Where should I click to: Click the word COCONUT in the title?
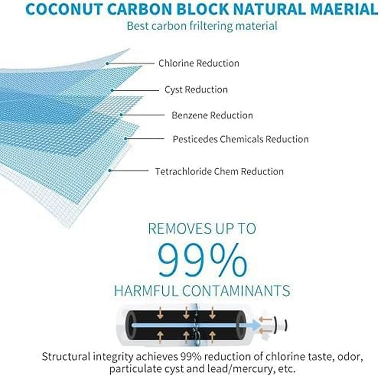(65, 9)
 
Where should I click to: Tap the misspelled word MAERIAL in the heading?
(344, 9)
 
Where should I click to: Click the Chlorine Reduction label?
(199, 63)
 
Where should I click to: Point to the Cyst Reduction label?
(196, 90)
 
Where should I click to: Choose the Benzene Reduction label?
(212, 116)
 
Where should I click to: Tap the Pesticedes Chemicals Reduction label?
(241, 139)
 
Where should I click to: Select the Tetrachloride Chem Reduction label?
(219, 172)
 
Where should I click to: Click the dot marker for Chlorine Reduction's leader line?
(107, 63)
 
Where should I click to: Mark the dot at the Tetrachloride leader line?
(110, 171)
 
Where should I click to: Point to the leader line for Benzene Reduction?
(142, 115)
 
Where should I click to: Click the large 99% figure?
(202, 260)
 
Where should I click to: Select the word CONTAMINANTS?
(236, 290)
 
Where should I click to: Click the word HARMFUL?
(146, 290)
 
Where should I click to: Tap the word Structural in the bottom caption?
(66, 357)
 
